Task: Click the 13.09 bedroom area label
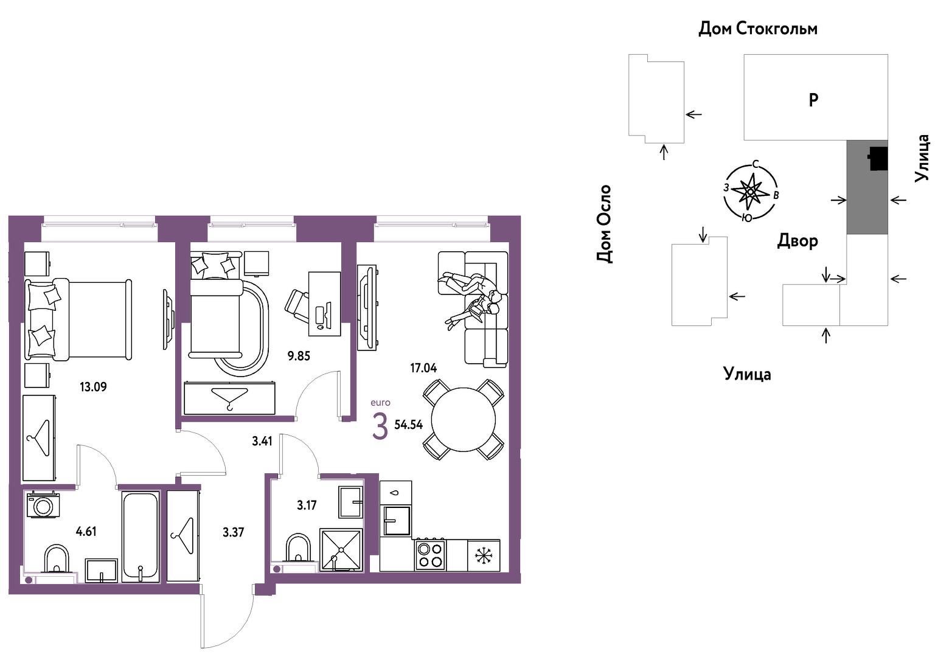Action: click(93, 387)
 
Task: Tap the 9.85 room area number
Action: click(299, 356)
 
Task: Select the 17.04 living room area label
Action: click(423, 368)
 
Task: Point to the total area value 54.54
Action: click(408, 425)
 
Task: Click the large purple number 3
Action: click(380, 426)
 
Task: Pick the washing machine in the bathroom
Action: click(43, 505)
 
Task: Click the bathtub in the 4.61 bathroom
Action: click(141, 537)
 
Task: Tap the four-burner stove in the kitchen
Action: click(430, 555)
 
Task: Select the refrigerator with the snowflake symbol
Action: click(484, 555)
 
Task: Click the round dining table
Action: click(464, 420)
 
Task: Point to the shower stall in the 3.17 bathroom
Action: click(341, 549)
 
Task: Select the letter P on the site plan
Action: click(813, 100)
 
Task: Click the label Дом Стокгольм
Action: click(758, 29)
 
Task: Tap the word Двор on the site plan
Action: click(797, 241)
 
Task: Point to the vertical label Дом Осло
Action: click(604, 224)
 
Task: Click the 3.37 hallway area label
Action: click(234, 532)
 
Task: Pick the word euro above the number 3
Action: click(380, 403)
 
